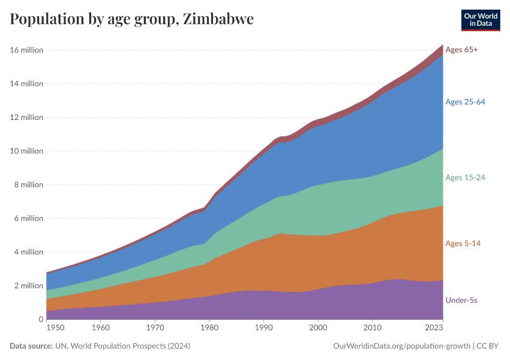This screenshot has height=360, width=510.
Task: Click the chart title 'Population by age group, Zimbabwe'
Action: click(x=131, y=19)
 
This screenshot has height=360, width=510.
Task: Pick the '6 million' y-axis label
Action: click(x=28, y=218)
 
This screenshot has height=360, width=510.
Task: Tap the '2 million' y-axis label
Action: click(x=28, y=286)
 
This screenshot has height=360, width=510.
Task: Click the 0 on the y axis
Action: click(x=40, y=319)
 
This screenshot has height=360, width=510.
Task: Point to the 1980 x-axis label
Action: click(x=209, y=328)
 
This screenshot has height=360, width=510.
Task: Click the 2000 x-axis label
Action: click(x=318, y=328)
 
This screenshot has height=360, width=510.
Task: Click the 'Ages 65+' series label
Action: click(x=461, y=50)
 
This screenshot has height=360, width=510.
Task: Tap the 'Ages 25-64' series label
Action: click(x=465, y=101)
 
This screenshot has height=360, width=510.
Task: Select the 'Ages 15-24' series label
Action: click(x=465, y=177)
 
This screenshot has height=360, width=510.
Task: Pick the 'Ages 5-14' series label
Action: click(x=463, y=243)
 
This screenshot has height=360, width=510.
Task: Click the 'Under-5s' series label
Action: click(x=461, y=299)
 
